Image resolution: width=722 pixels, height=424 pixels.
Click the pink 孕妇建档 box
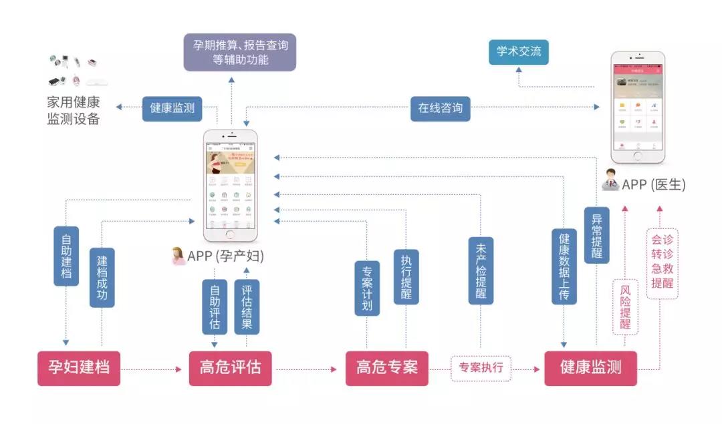(x=79, y=368)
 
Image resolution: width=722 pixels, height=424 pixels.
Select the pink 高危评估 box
(x=230, y=368)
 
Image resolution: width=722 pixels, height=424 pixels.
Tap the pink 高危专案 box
(x=386, y=368)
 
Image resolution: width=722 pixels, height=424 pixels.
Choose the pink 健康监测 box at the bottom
(x=590, y=368)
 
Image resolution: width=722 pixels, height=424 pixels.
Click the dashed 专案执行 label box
(x=481, y=368)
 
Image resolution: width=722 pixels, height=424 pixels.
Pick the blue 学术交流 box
(x=519, y=51)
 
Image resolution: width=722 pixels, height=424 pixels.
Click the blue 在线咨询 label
(x=440, y=108)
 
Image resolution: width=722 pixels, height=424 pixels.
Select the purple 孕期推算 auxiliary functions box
(x=240, y=52)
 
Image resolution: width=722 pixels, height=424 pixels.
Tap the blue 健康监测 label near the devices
(x=172, y=108)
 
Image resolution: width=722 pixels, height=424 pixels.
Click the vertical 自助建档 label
(x=66, y=256)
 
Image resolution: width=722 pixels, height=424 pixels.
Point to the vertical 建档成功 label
(x=102, y=276)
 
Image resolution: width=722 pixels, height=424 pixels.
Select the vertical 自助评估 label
(x=215, y=306)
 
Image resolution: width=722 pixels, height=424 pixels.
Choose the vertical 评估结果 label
(x=247, y=306)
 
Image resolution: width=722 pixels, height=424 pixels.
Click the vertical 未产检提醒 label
(x=481, y=270)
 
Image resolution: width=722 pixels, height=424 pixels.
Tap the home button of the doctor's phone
(x=638, y=156)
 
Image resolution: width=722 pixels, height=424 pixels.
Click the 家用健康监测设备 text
(x=73, y=111)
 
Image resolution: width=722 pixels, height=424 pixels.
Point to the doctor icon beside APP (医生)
(x=610, y=182)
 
